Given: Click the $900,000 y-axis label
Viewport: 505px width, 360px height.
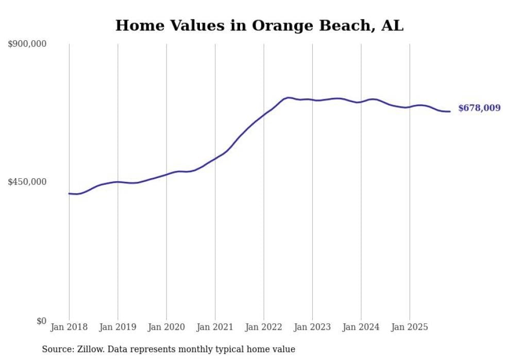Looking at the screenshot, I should tap(27, 44).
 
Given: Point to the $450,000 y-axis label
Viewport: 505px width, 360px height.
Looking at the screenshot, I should tap(27, 182).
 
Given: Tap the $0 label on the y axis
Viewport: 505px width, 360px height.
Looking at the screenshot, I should tap(41, 321).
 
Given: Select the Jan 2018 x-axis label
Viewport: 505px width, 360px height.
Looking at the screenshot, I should tap(69, 327).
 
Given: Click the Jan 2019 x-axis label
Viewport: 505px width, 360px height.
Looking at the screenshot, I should tap(117, 327).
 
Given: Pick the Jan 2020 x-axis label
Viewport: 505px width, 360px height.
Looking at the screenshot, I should tap(166, 327).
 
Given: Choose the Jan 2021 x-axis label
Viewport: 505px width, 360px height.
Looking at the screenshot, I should tap(215, 327).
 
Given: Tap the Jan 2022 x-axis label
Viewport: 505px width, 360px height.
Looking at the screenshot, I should tap(264, 327).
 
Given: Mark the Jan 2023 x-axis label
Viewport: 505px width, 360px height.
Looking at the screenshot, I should tap(312, 327).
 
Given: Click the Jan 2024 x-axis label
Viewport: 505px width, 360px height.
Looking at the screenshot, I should tap(361, 327).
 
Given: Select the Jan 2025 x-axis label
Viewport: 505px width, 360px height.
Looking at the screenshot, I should tap(410, 327).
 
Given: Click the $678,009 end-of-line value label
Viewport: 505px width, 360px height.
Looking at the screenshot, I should tap(479, 108).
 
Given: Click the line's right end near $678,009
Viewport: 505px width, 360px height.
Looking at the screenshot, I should tap(450, 111).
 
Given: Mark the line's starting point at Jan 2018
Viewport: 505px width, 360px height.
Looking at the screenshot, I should tap(69, 194).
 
